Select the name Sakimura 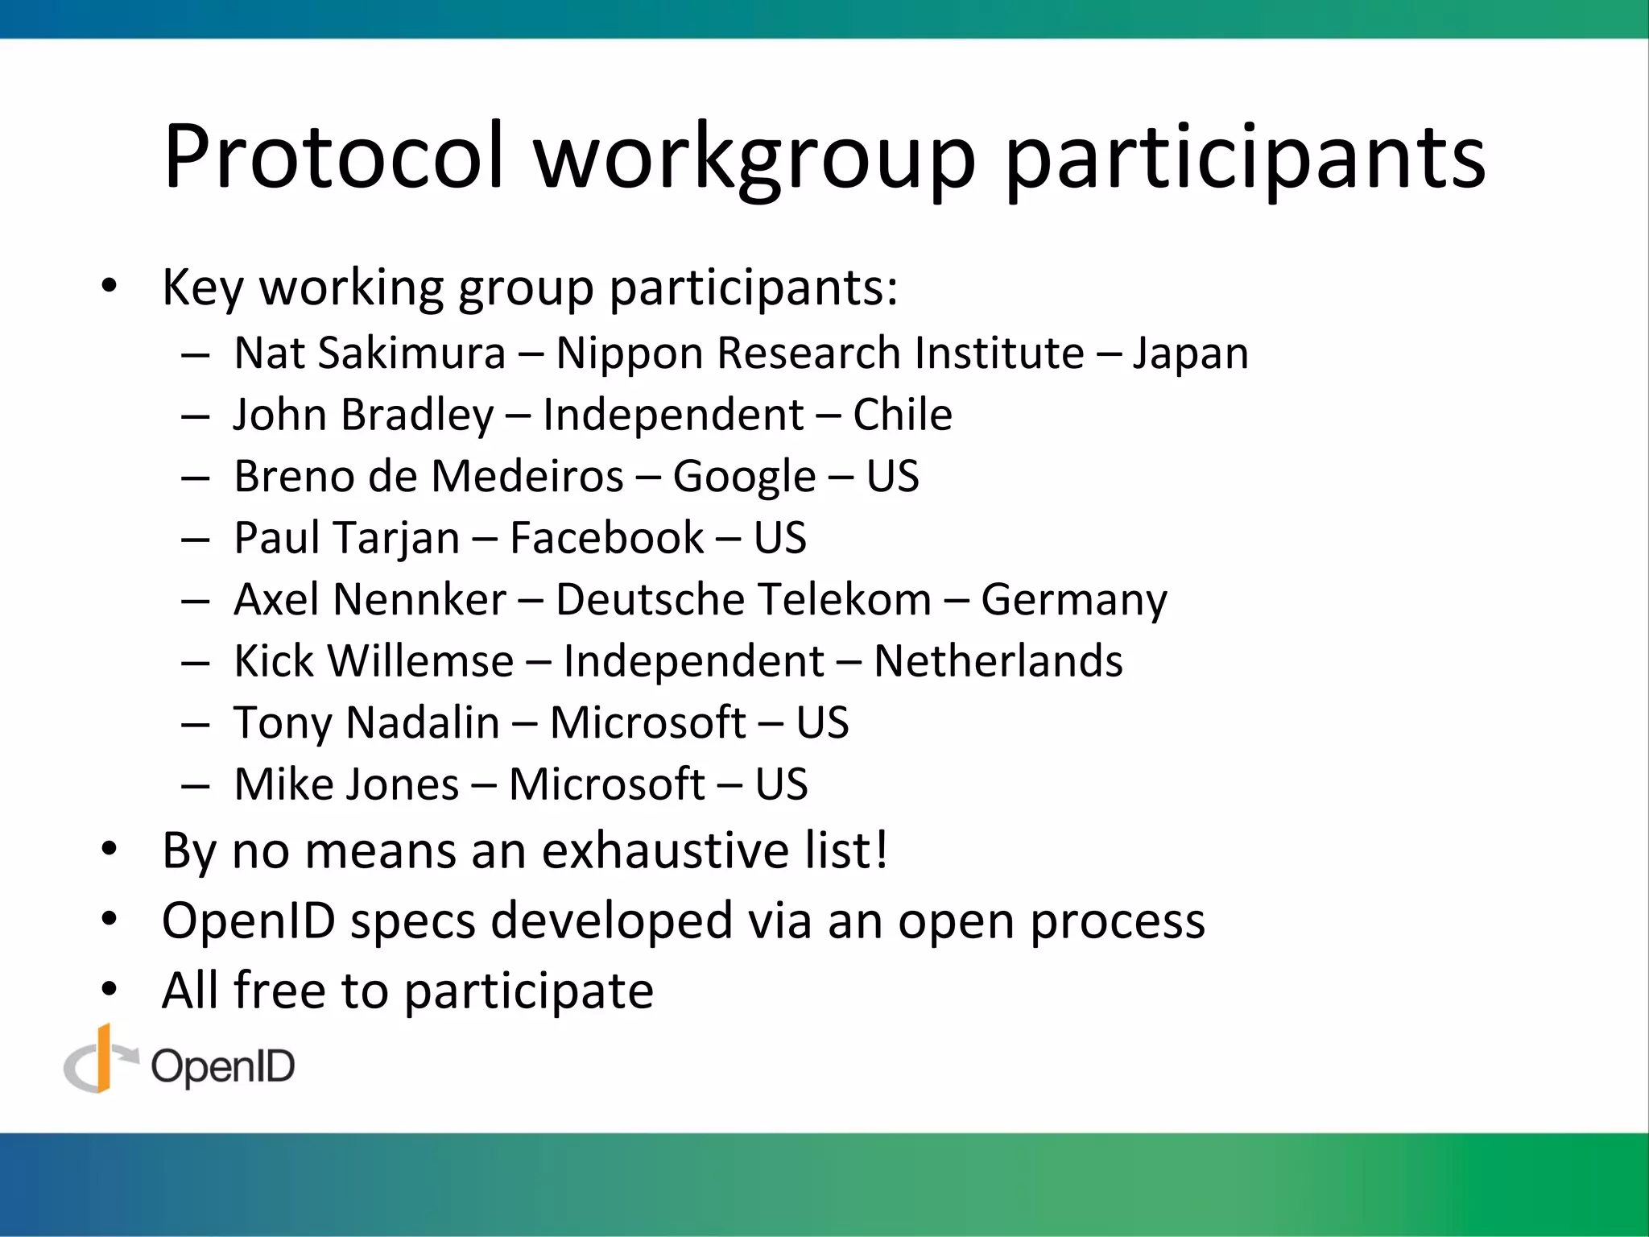point(411,353)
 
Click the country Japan point(1191,354)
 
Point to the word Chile point(903,415)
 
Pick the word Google point(744,477)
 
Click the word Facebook point(607,538)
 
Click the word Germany point(1074,601)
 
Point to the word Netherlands point(998,661)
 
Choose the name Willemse point(420,661)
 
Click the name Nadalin point(423,722)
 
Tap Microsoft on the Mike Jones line point(607,784)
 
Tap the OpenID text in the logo point(223,1068)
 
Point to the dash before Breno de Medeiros point(196,478)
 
